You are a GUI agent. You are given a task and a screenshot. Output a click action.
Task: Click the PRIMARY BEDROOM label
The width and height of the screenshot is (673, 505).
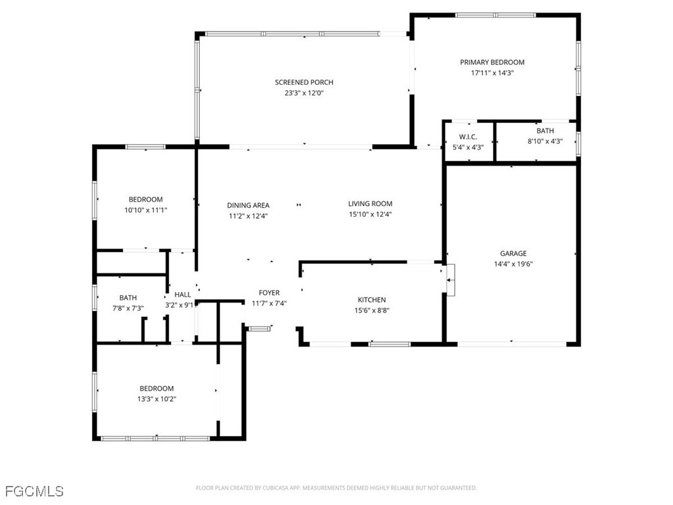(492, 62)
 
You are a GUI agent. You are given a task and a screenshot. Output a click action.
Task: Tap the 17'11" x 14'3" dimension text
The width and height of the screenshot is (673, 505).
(492, 73)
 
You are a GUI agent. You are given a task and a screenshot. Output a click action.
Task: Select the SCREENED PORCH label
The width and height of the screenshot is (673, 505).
(304, 82)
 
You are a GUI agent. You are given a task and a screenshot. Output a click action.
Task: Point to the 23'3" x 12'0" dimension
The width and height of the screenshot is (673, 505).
(304, 93)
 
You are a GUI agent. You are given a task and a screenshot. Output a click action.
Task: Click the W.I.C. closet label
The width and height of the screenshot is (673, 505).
(468, 137)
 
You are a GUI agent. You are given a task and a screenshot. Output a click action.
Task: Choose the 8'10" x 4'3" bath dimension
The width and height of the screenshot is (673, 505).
(545, 141)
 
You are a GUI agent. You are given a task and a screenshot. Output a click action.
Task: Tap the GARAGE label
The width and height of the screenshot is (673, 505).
(513, 253)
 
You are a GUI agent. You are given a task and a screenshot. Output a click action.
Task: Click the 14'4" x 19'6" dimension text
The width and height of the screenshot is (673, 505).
(513, 264)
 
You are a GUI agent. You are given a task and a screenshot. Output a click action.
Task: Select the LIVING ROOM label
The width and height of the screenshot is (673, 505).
(370, 204)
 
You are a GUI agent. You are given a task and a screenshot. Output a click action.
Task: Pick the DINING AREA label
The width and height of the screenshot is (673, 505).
(248, 205)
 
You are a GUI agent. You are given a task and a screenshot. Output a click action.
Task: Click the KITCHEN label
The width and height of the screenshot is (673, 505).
(371, 300)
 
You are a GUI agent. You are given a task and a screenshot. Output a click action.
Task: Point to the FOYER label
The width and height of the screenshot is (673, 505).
(269, 293)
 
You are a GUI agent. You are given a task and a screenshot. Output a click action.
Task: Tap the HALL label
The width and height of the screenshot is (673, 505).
(182, 295)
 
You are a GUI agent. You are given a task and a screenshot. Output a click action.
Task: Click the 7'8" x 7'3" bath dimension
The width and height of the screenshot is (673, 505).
(128, 308)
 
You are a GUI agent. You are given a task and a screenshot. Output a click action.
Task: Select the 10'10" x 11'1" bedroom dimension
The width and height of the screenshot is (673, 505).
(145, 210)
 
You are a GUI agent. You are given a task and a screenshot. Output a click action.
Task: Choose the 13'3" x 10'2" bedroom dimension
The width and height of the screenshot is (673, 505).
(156, 399)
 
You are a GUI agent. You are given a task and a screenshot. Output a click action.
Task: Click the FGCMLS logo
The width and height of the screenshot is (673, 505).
(34, 491)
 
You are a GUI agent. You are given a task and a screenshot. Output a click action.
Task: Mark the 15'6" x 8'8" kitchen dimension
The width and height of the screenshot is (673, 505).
(371, 311)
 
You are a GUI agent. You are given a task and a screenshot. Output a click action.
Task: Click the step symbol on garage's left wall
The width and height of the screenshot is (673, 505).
(450, 280)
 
